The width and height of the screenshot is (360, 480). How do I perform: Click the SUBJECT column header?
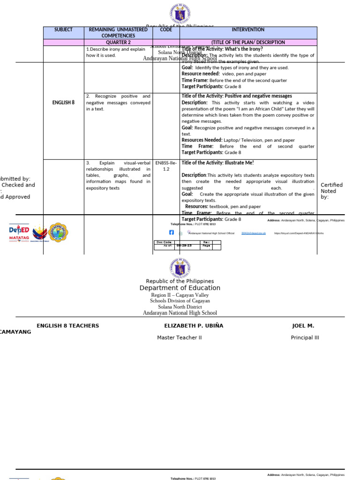(x=63, y=30)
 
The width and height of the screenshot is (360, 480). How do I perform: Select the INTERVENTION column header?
(x=248, y=30)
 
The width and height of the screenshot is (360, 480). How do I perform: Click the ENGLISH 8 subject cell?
(x=63, y=102)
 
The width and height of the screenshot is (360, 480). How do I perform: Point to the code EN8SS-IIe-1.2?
(x=166, y=166)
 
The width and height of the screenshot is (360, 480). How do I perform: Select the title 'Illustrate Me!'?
(x=217, y=163)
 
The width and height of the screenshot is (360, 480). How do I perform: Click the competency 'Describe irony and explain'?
(x=116, y=49)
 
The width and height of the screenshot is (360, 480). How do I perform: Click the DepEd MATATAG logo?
(x=19, y=233)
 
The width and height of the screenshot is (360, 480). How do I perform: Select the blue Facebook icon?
(x=171, y=232)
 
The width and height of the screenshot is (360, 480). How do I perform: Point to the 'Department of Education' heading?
(x=180, y=288)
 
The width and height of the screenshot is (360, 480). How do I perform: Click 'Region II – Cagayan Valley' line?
(x=180, y=295)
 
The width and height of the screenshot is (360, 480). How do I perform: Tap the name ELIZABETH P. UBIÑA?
(x=194, y=326)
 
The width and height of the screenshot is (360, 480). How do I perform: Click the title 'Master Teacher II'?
(x=180, y=337)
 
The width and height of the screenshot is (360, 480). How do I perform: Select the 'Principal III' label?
(x=305, y=337)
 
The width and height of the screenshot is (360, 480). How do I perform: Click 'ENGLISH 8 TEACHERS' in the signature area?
(x=68, y=326)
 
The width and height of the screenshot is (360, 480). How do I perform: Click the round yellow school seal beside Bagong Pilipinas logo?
(x=58, y=232)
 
